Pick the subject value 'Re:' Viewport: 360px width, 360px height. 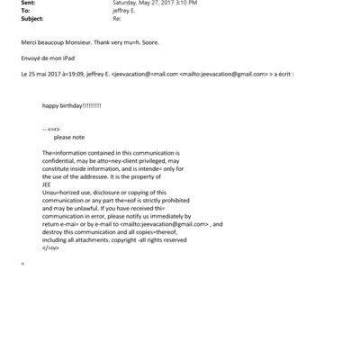(x=115, y=17)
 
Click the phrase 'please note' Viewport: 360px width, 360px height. (x=70, y=137)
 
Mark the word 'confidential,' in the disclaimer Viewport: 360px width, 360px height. (x=61, y=160)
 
